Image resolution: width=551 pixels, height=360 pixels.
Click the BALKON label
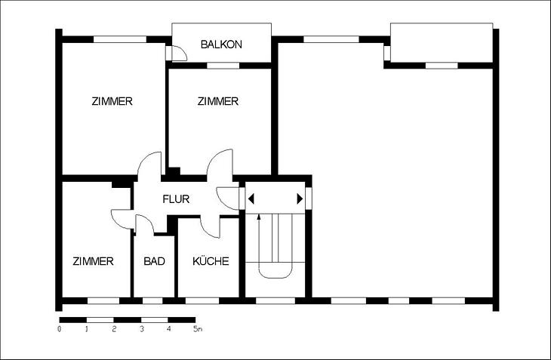(x=221, y=45)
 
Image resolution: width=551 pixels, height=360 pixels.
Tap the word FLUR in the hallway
(x=176, y=200)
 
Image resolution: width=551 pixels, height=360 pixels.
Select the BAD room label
(x=155, y=262)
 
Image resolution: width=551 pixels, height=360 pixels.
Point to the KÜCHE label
(x=211, y=262)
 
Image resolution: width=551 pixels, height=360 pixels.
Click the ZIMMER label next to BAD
(x=93, y=262)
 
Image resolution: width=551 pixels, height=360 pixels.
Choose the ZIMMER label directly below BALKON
(x=217, y=101)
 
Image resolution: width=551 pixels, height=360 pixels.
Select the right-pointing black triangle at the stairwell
(x=300, y=199)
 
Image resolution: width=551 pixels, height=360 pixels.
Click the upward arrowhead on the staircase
(x=260, y=217)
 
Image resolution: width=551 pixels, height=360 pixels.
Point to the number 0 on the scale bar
(x=60, y=330)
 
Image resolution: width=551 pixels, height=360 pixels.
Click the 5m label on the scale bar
(x=197, y=330)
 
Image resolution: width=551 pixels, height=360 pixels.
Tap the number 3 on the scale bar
(x=141, y=330)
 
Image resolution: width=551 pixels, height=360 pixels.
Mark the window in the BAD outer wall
(x=152, y=300)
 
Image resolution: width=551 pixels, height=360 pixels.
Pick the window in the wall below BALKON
(x=218, y=66)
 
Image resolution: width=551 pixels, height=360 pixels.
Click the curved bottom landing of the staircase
(x=274, y=271)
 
